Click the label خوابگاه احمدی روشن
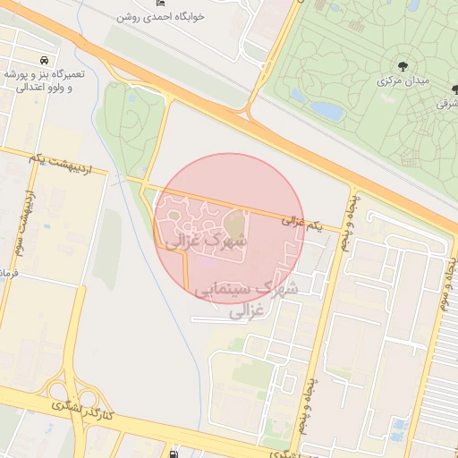click(x=164, y=17)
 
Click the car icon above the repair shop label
click(x=44, y=55)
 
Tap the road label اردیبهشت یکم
click(x=68, y=159)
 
